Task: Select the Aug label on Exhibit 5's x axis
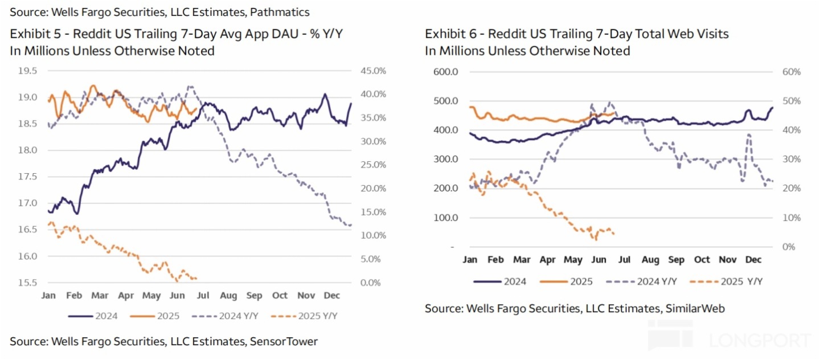228,296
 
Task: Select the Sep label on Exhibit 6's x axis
676,260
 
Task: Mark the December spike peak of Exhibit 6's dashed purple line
748,135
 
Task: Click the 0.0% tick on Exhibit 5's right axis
372,283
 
